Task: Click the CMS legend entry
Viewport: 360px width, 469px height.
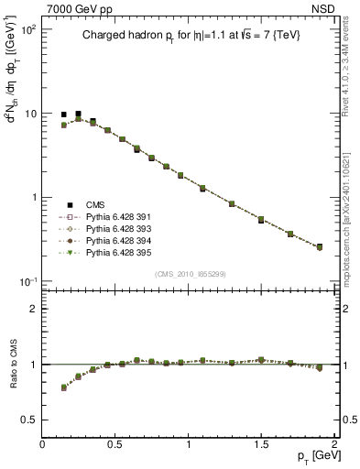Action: click(x=96, y=204)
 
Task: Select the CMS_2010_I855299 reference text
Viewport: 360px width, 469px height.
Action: click(x=188, y=274)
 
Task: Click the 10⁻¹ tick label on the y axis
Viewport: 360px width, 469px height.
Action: click(x=27, y=281)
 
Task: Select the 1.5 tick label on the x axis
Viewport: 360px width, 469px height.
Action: click(x=261, y=443)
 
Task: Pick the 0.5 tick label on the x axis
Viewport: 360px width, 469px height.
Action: click(x=115, y=443)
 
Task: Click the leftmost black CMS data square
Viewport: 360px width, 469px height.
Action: click(x=64, y=115)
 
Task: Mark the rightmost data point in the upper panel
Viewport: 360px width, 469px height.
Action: click(x=320, y=247)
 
